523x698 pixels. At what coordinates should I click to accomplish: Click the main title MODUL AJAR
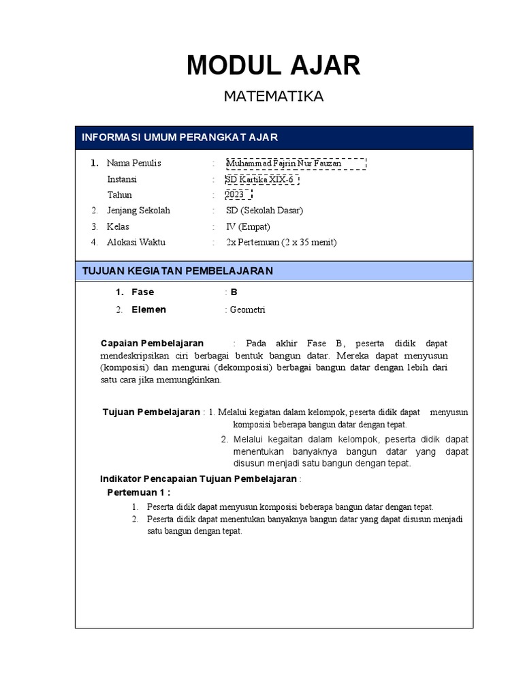[x=274, y=65]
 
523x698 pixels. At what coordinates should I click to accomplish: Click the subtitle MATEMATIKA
[x=274, y=97]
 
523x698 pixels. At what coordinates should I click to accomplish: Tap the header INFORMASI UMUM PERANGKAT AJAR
[x=180, y=138]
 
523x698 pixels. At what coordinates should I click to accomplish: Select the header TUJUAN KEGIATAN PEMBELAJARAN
[x=177, y=271]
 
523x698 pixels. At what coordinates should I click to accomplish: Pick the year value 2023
[x=235, y=195]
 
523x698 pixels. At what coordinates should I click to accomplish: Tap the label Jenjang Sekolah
[x=138, y=211]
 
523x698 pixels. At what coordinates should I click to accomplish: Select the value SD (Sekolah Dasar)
[x=264, y=211]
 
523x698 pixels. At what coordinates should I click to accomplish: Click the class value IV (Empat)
[x=249, y=226]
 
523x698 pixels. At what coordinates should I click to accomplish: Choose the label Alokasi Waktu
[x=136, y=242]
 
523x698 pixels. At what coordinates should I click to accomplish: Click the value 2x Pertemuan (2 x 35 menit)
[x=281, y=242]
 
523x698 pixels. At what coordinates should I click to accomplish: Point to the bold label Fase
[x=142, y=292]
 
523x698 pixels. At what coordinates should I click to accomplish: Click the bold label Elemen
[x=148, y=310]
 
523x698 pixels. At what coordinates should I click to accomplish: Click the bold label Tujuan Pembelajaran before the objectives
[x=151, y=412]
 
